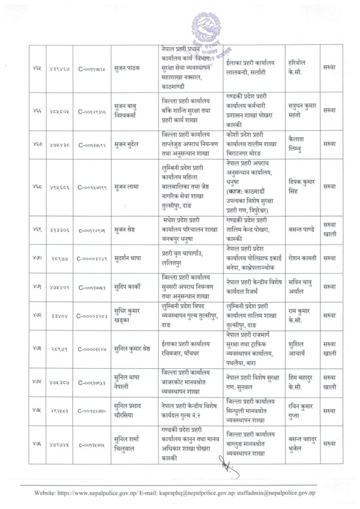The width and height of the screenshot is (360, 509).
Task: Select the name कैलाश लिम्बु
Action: point(299,143)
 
